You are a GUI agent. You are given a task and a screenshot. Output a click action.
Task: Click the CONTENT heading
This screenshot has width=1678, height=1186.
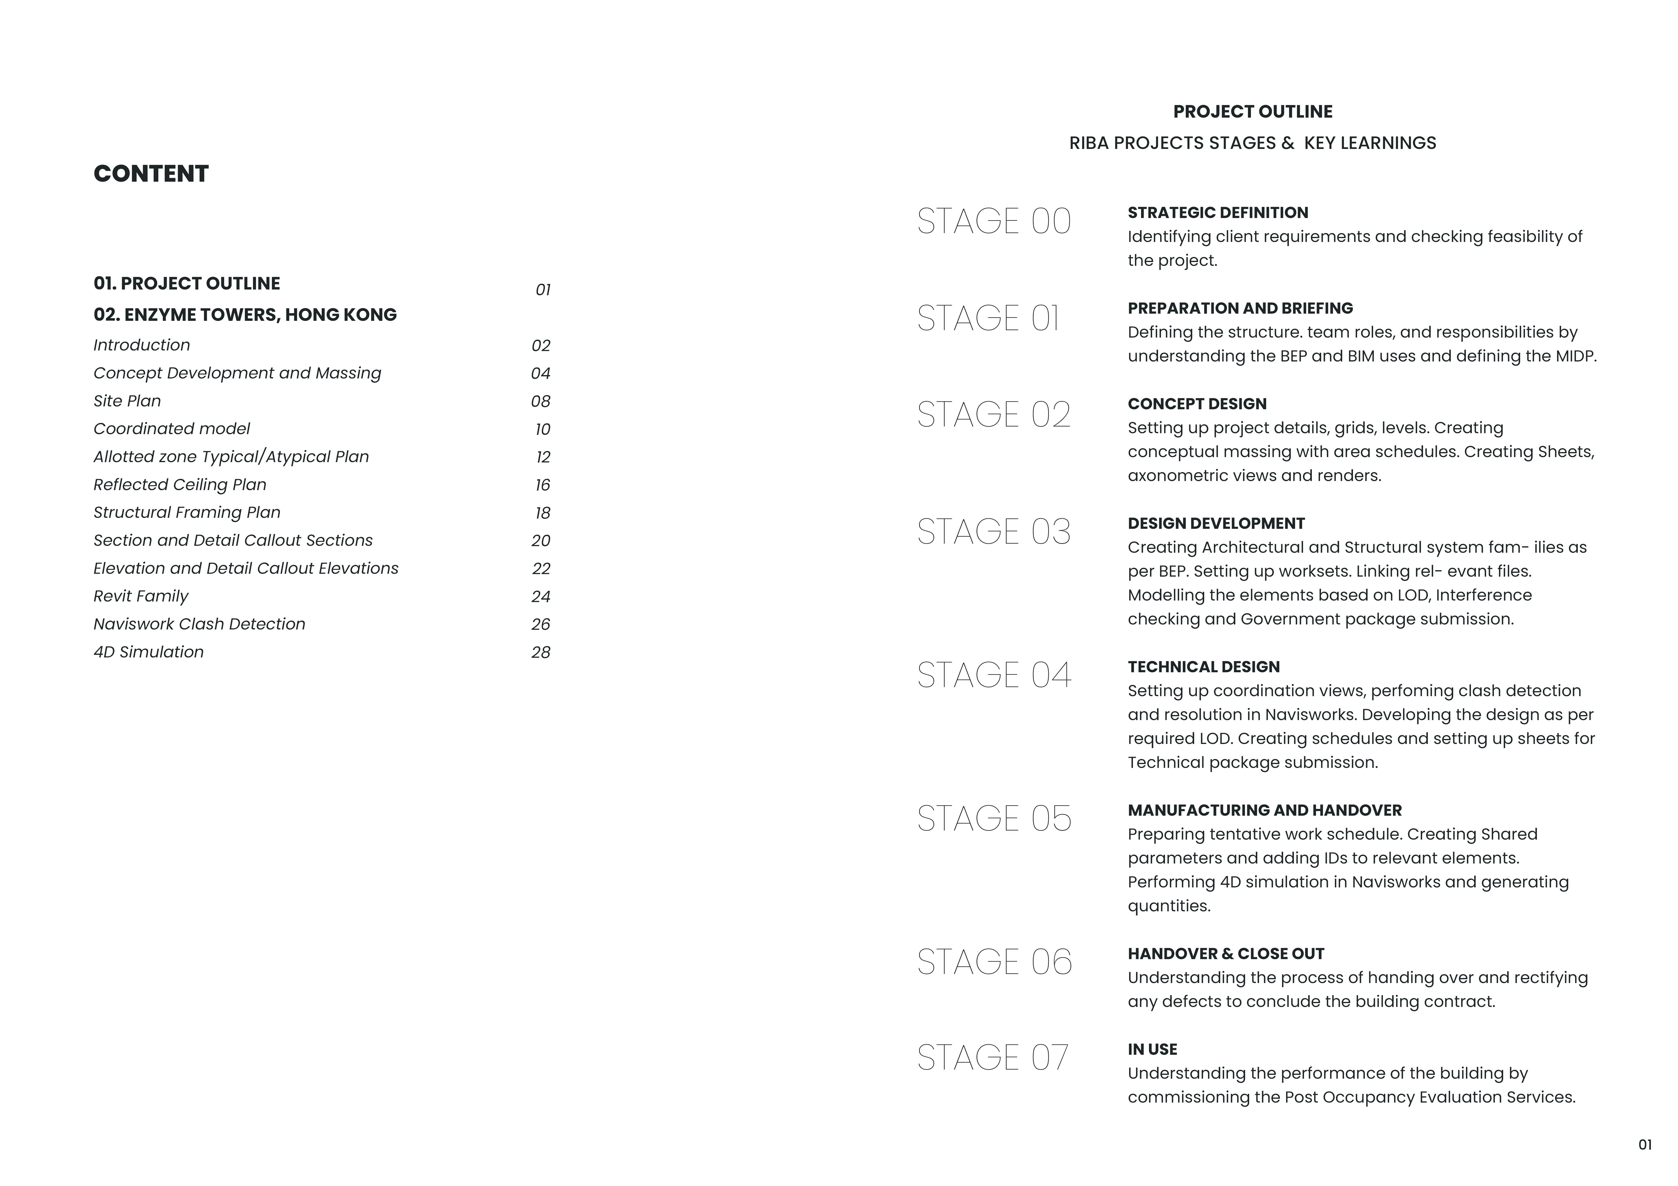(x=151, y=174)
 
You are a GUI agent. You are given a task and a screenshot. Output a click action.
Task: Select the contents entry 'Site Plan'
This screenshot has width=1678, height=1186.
(x=127, y=401)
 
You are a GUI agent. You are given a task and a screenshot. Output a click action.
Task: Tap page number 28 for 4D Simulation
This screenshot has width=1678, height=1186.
(x=541, y=653)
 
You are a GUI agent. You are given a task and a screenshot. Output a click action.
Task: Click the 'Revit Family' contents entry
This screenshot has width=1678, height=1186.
(x=141, y=596)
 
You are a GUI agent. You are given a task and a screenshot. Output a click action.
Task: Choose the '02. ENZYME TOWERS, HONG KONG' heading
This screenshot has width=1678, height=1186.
(x=245, y=315)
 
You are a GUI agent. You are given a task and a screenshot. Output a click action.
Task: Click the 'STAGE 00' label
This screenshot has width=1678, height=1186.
(x=994, y=221)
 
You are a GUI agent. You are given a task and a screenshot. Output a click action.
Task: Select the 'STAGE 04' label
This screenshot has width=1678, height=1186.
(x=994, y=675)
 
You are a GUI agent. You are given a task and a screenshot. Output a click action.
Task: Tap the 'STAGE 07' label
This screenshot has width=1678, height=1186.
(x=993, y=1057)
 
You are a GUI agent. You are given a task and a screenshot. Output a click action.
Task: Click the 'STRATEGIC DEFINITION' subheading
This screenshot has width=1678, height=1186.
(x=1218, y=213)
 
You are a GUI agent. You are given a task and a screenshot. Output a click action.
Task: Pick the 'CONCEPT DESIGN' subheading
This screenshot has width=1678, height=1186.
(x=1197, y=404)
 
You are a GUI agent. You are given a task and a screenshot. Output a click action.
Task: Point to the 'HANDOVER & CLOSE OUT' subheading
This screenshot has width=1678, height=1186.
(x=1225, y=954)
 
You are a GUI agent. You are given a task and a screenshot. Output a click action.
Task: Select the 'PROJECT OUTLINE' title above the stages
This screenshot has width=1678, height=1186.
(x=1253, y=112)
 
